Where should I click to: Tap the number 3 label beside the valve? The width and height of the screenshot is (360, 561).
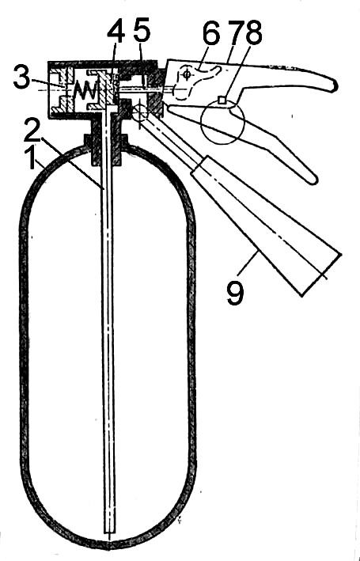(x=21, y=78)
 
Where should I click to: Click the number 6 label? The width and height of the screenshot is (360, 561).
(x=210, y=35)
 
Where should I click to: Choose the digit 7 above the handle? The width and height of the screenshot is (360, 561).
(x=237, y=35)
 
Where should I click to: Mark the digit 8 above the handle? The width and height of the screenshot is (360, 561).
(x=254, y=35)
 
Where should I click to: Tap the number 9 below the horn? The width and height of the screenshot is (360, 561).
(x=235, y=294)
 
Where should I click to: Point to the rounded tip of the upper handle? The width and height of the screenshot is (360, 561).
(x=335, y=86)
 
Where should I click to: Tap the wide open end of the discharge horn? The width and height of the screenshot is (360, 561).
(x=321, y=275)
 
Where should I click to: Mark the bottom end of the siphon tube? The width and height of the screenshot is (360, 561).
(x=109, y=531)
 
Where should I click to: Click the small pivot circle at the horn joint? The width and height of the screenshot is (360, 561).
(x=140, y=112)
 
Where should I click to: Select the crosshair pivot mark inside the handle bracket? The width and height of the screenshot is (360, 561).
(x=186, y=74)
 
